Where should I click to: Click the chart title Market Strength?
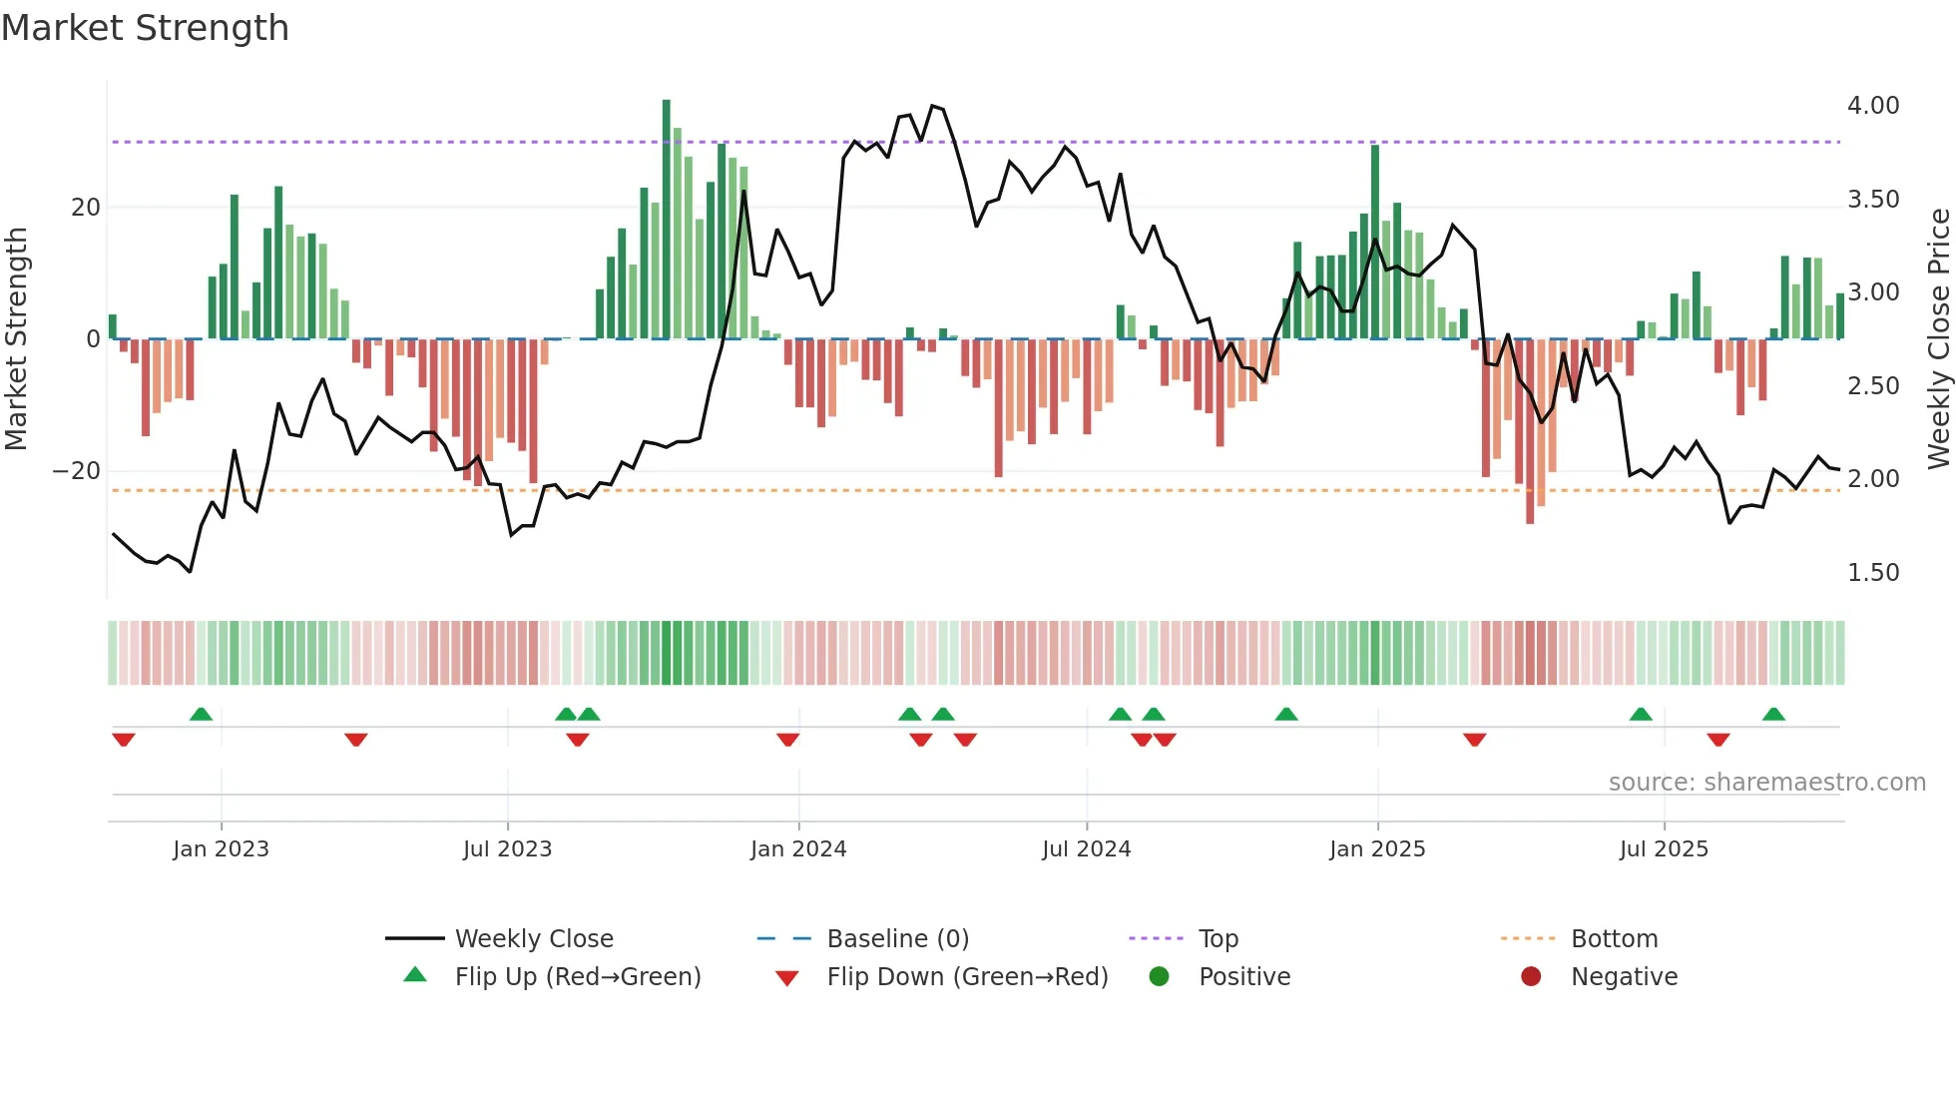pos(145,28)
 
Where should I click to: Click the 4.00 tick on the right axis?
pos(1872,106)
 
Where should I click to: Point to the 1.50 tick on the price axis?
pos(1872,573)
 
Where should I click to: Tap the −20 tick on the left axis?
pos(77,471)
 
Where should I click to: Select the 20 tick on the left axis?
pos(86,208)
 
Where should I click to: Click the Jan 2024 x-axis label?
pos(798,849)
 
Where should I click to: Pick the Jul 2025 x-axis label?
pos(1664,849)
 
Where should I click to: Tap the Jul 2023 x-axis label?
pos(507,849)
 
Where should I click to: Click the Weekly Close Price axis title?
pos(1938,338)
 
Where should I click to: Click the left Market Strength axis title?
pos(17,338)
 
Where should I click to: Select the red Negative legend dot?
pos(1531,977)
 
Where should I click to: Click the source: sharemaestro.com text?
pos(1766,783)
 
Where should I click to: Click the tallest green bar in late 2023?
pos(667,220)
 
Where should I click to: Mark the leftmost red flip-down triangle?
pos(124,740)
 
